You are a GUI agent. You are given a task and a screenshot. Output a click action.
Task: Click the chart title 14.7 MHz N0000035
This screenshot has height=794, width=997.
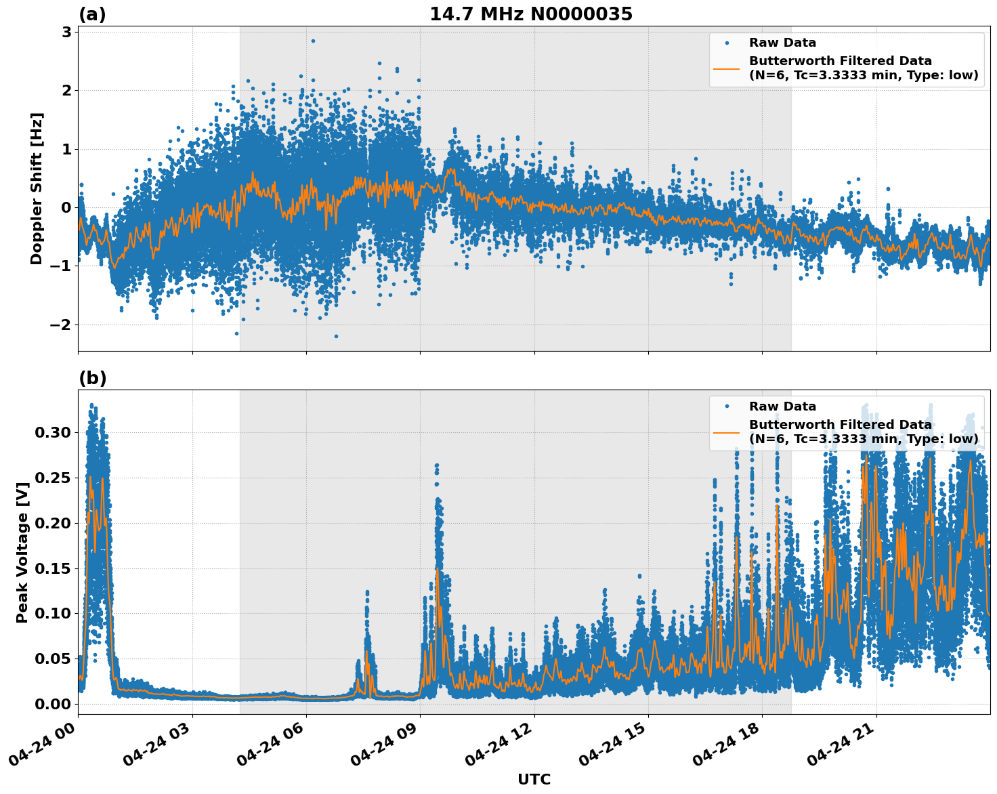point(530,14)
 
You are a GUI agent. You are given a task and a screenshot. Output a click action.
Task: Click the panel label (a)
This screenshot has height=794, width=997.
point(92,14)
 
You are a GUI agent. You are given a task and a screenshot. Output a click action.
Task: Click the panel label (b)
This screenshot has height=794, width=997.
point(92,378)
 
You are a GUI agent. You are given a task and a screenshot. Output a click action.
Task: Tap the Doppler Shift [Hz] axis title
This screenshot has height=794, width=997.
point(37,188)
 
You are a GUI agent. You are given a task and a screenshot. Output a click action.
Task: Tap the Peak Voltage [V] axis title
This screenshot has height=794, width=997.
point(22,552)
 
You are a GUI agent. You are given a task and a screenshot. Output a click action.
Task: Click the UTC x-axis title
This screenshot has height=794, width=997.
point(534,779)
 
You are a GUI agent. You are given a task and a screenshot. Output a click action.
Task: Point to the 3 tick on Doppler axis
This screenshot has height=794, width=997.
point(66,32)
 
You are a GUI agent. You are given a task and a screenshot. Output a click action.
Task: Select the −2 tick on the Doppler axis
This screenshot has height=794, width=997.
point(61,325)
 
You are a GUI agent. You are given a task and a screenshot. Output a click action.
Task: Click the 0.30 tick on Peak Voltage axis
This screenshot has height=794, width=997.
point(52,432)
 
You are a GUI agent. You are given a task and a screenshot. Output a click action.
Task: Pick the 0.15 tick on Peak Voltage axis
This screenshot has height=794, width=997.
point(52,568)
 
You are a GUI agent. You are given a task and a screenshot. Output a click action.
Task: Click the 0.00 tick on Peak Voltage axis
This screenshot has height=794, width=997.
point(52,704)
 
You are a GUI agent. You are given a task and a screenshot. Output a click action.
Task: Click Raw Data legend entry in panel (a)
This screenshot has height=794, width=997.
point(782,43)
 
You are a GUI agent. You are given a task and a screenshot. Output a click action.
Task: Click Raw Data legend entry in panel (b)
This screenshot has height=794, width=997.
point(782,406)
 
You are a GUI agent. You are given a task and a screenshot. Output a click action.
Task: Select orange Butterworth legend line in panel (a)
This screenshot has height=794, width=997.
point(727,68)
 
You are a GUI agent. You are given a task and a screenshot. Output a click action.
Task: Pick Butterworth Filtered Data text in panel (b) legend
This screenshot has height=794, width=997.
point(840,425)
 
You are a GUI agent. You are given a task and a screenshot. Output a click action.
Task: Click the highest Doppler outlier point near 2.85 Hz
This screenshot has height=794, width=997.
point(313,41)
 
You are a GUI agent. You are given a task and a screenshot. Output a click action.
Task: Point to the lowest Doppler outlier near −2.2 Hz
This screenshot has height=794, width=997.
point(336,336)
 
